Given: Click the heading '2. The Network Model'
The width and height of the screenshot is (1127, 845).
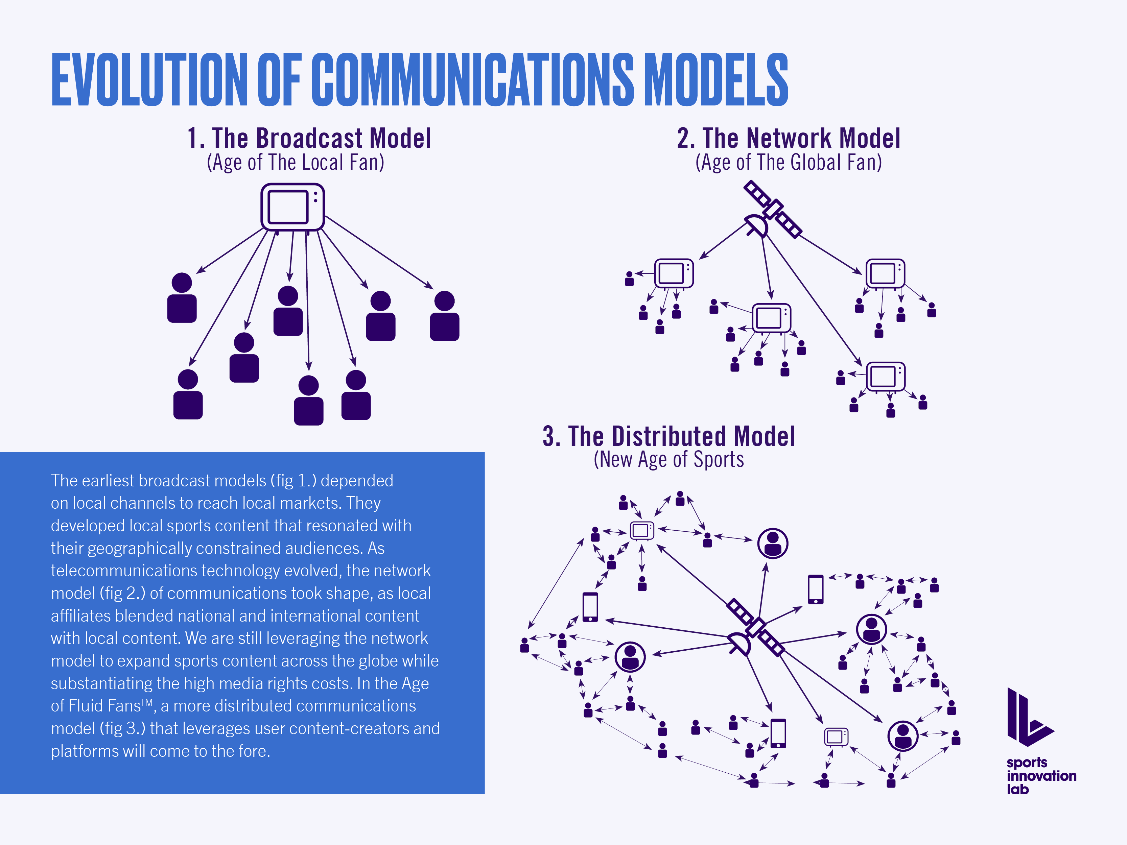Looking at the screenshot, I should [788, 139].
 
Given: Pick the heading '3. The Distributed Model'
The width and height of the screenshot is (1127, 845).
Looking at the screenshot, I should [668, 436].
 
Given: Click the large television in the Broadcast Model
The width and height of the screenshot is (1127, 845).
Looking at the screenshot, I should [292, 207].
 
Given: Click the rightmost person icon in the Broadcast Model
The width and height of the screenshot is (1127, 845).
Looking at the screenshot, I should [444, 316].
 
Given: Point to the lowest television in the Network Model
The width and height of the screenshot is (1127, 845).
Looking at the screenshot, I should [886, 377].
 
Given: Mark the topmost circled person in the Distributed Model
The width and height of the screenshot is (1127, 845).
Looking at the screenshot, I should [772, 543].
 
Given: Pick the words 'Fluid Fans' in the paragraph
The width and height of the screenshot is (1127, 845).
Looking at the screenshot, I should [104, 706].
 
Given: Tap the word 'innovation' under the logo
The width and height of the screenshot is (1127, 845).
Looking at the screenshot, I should [1041, 776].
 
